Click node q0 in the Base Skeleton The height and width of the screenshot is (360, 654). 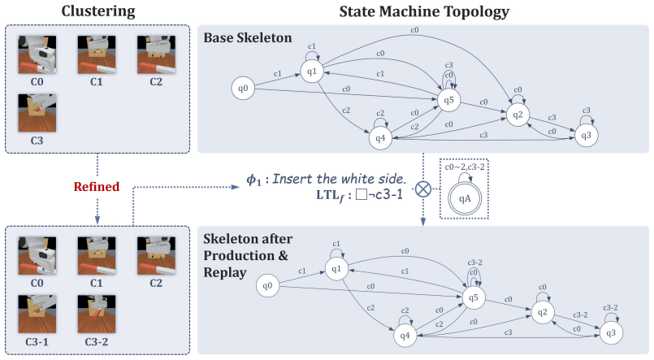point(243,88)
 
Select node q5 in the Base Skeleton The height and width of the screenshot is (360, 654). point(448,100)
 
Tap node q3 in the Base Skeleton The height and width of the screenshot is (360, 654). point(586,135)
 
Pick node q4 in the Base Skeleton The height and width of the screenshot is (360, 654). point(380,138)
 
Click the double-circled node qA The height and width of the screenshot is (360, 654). point(465,198)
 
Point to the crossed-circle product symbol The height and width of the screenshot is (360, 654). point(423,189)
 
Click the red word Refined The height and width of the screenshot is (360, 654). point(97,186)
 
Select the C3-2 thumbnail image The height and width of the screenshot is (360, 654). point(97,314)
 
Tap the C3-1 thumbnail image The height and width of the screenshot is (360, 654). point(37,314)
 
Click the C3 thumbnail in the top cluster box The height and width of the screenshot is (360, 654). point(37,113)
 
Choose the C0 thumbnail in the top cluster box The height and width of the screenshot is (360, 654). point(37,54)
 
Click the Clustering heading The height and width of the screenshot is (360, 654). point(98,11)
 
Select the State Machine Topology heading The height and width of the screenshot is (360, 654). point(424,11)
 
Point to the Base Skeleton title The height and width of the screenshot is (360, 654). point(247,37)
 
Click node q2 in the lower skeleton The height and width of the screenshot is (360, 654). point(542,312)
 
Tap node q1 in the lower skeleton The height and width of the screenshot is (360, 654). point(336,269)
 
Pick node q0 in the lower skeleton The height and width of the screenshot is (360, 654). point(267,285)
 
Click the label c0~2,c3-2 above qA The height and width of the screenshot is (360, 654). point(465,167)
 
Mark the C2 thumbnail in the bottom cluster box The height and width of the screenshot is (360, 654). point(156,256)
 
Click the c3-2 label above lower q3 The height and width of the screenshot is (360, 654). point(610,307)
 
